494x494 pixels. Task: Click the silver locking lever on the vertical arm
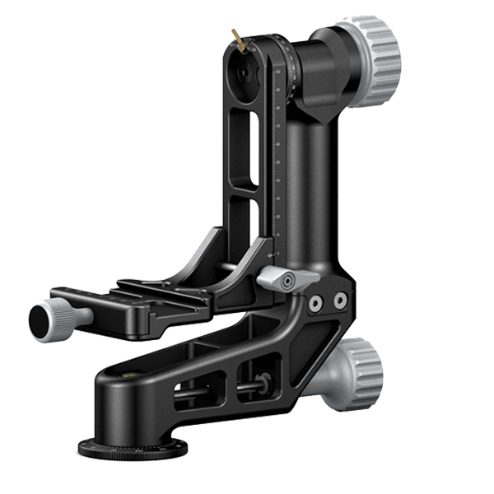click(280, 278)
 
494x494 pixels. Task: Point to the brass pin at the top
click(236, 38)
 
